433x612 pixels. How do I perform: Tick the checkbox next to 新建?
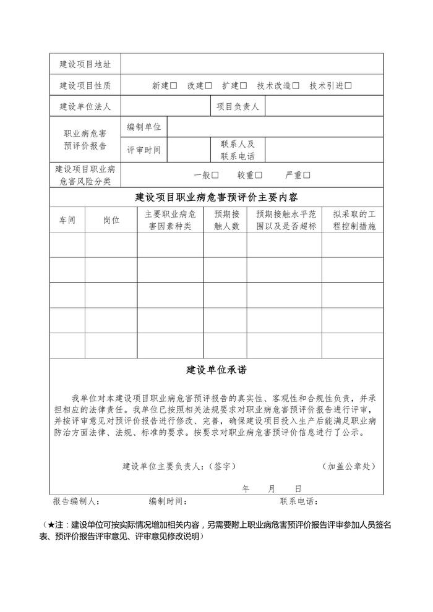click(174, 86)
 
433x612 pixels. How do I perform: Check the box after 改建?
click(208, 86)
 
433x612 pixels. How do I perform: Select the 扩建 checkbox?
click(243, 86)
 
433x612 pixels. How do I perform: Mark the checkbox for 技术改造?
click(296, 86)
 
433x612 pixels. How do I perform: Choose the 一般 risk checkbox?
click(215, 175)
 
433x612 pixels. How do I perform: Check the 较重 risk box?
click(259, 175)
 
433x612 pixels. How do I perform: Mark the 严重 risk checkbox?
click(307, 175)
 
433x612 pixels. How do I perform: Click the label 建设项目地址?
click(85, 64)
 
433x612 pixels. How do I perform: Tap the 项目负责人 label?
click(238, 107)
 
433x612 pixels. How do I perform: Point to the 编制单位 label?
click(144, 127)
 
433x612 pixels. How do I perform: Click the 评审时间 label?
click(144, 150)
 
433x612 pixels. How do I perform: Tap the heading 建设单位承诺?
click(216, 370)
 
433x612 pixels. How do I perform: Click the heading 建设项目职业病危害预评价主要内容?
click(216, 198)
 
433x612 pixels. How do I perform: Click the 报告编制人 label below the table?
click(76, 501)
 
